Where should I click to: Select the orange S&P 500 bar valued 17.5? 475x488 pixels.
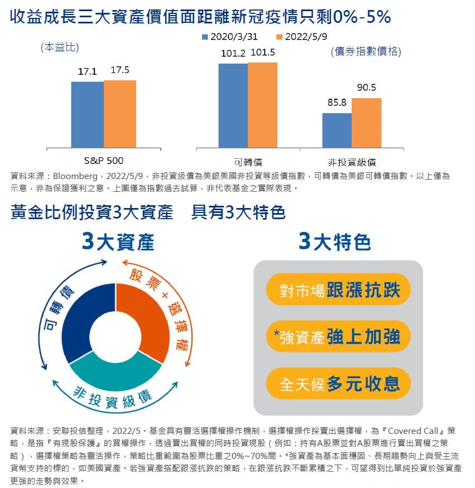pos(120,114)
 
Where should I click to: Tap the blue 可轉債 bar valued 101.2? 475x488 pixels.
pos(233,106)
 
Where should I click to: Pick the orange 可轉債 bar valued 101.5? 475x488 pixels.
pos(262,105)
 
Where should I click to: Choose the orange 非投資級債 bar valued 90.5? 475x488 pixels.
pos(366,123)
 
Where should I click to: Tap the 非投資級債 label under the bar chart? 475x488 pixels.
pos(352,162)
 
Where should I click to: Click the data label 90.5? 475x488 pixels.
pos(366,88)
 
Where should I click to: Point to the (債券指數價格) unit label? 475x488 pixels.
pos(366,52)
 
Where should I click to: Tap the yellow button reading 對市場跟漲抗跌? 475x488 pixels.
pos(338,289)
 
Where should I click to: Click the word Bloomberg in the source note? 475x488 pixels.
pos(75,176)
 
